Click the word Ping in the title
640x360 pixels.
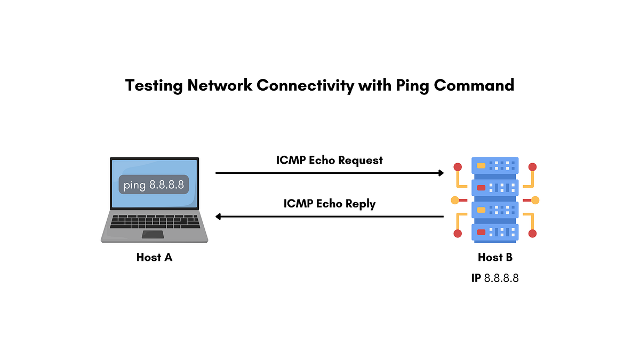(412, 86)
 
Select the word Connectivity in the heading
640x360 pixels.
(306, 86)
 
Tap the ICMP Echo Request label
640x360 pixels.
(330, 161)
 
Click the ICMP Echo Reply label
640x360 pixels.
(330, 204)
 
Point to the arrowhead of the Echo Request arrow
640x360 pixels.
(441, 173)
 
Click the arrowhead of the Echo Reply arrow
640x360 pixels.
(218, 217)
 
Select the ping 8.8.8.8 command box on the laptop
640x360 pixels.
(154, 185)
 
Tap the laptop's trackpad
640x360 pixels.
(153, 234)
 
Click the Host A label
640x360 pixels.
(154, 257)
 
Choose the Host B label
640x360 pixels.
(495, 257)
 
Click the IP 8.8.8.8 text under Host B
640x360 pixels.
(495, 278)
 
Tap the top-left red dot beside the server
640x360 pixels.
(458, 167)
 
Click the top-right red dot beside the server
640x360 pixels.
(533, 167)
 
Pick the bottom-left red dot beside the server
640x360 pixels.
(458, 234)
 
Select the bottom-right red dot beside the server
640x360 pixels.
(533, 234)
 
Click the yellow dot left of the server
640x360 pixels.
(455, 201)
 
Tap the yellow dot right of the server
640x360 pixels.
(535, 201)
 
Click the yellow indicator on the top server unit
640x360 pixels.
(481, 166)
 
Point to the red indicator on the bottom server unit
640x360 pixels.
(481, 232)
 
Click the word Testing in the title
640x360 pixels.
(154, 86)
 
